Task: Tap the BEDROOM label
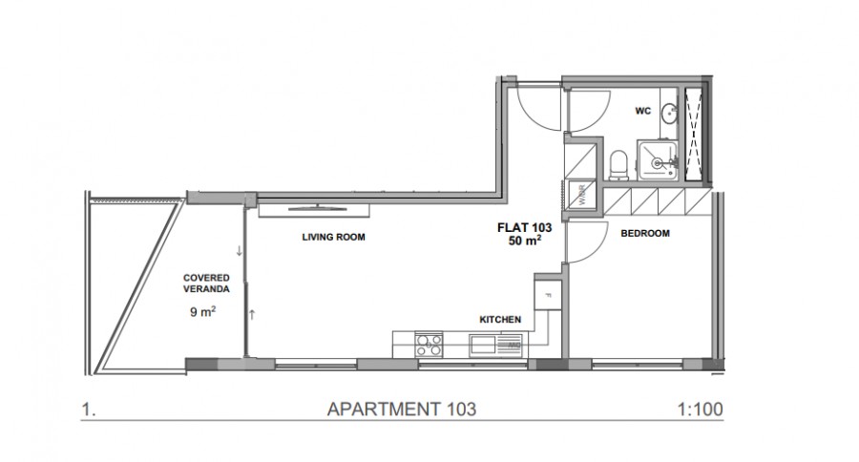(x=644, y=233)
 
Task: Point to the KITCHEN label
(x=499, y=320)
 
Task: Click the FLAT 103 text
(x=520, y=227)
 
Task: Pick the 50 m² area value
(x=525, y=241)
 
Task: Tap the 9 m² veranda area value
(x=202, y=311)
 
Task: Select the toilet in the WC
(x=618, y=164)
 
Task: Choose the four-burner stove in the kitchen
(x=428, y=343)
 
